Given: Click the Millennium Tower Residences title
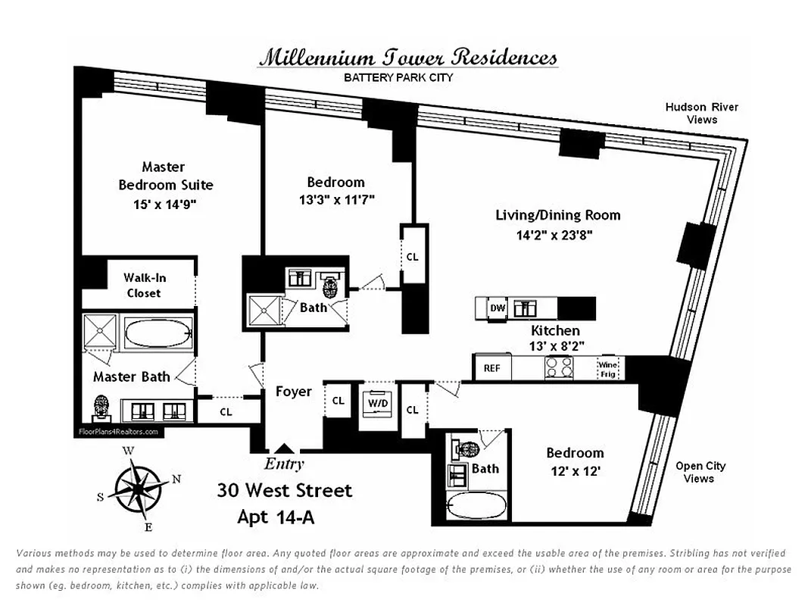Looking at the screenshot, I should pos(408,58).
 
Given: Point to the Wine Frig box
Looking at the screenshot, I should pos(609,368).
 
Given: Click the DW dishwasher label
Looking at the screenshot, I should pos(498,308).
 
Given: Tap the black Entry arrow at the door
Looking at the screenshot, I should pos(284,449).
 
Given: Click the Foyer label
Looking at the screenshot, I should pos(293,392).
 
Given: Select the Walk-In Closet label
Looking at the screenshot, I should pos(145,285).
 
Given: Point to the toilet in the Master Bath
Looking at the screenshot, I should pos(101,409).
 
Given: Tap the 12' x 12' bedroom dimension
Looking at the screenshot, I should pos(575,470).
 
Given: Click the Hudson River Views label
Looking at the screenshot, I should pos(701,113).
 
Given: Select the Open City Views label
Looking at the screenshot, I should pos(700,472).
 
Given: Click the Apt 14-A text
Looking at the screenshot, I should pos(276,517).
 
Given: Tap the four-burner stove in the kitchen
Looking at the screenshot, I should pos(559,367).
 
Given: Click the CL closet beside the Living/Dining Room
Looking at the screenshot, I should pos(412,257).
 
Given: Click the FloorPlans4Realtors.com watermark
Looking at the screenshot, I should pos(118,432).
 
